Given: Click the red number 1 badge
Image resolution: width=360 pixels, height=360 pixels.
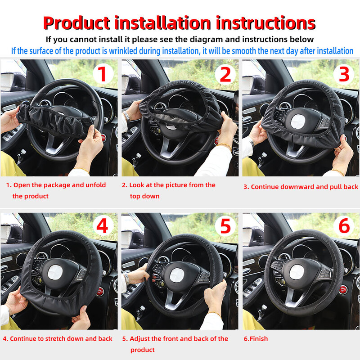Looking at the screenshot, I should click(x=103, y=74).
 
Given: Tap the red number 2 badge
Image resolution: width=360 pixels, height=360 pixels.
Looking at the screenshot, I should click(x=225, y=74).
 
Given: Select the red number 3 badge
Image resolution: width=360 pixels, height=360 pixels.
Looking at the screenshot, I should click(x=344, y=74).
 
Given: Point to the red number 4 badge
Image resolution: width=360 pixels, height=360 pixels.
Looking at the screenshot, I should click(x=103, y=226).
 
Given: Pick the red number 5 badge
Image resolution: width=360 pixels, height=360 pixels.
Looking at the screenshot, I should click(x=225, y=226).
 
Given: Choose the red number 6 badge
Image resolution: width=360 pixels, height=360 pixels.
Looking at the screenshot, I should click(x=344, y=226).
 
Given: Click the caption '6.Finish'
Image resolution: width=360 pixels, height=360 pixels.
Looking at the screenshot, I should click(x=256, y=339).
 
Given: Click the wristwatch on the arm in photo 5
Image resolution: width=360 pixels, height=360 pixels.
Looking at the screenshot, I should click(x=127, y=279).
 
